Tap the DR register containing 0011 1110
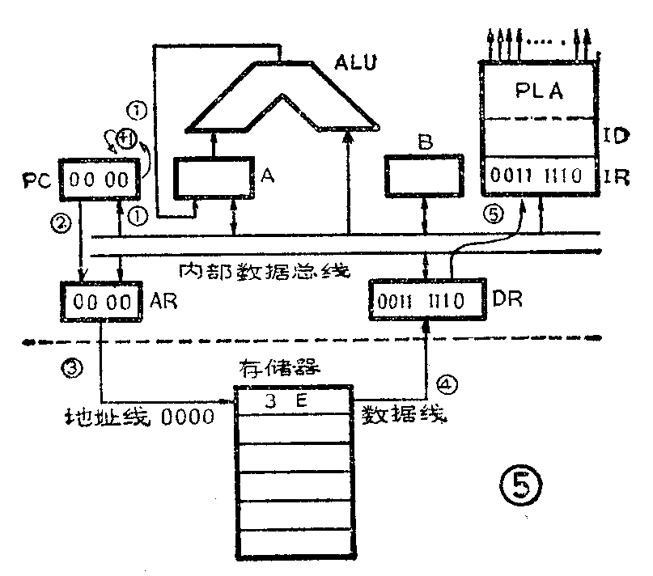416,301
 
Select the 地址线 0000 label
140,417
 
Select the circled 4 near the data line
443,380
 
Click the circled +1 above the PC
127,138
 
